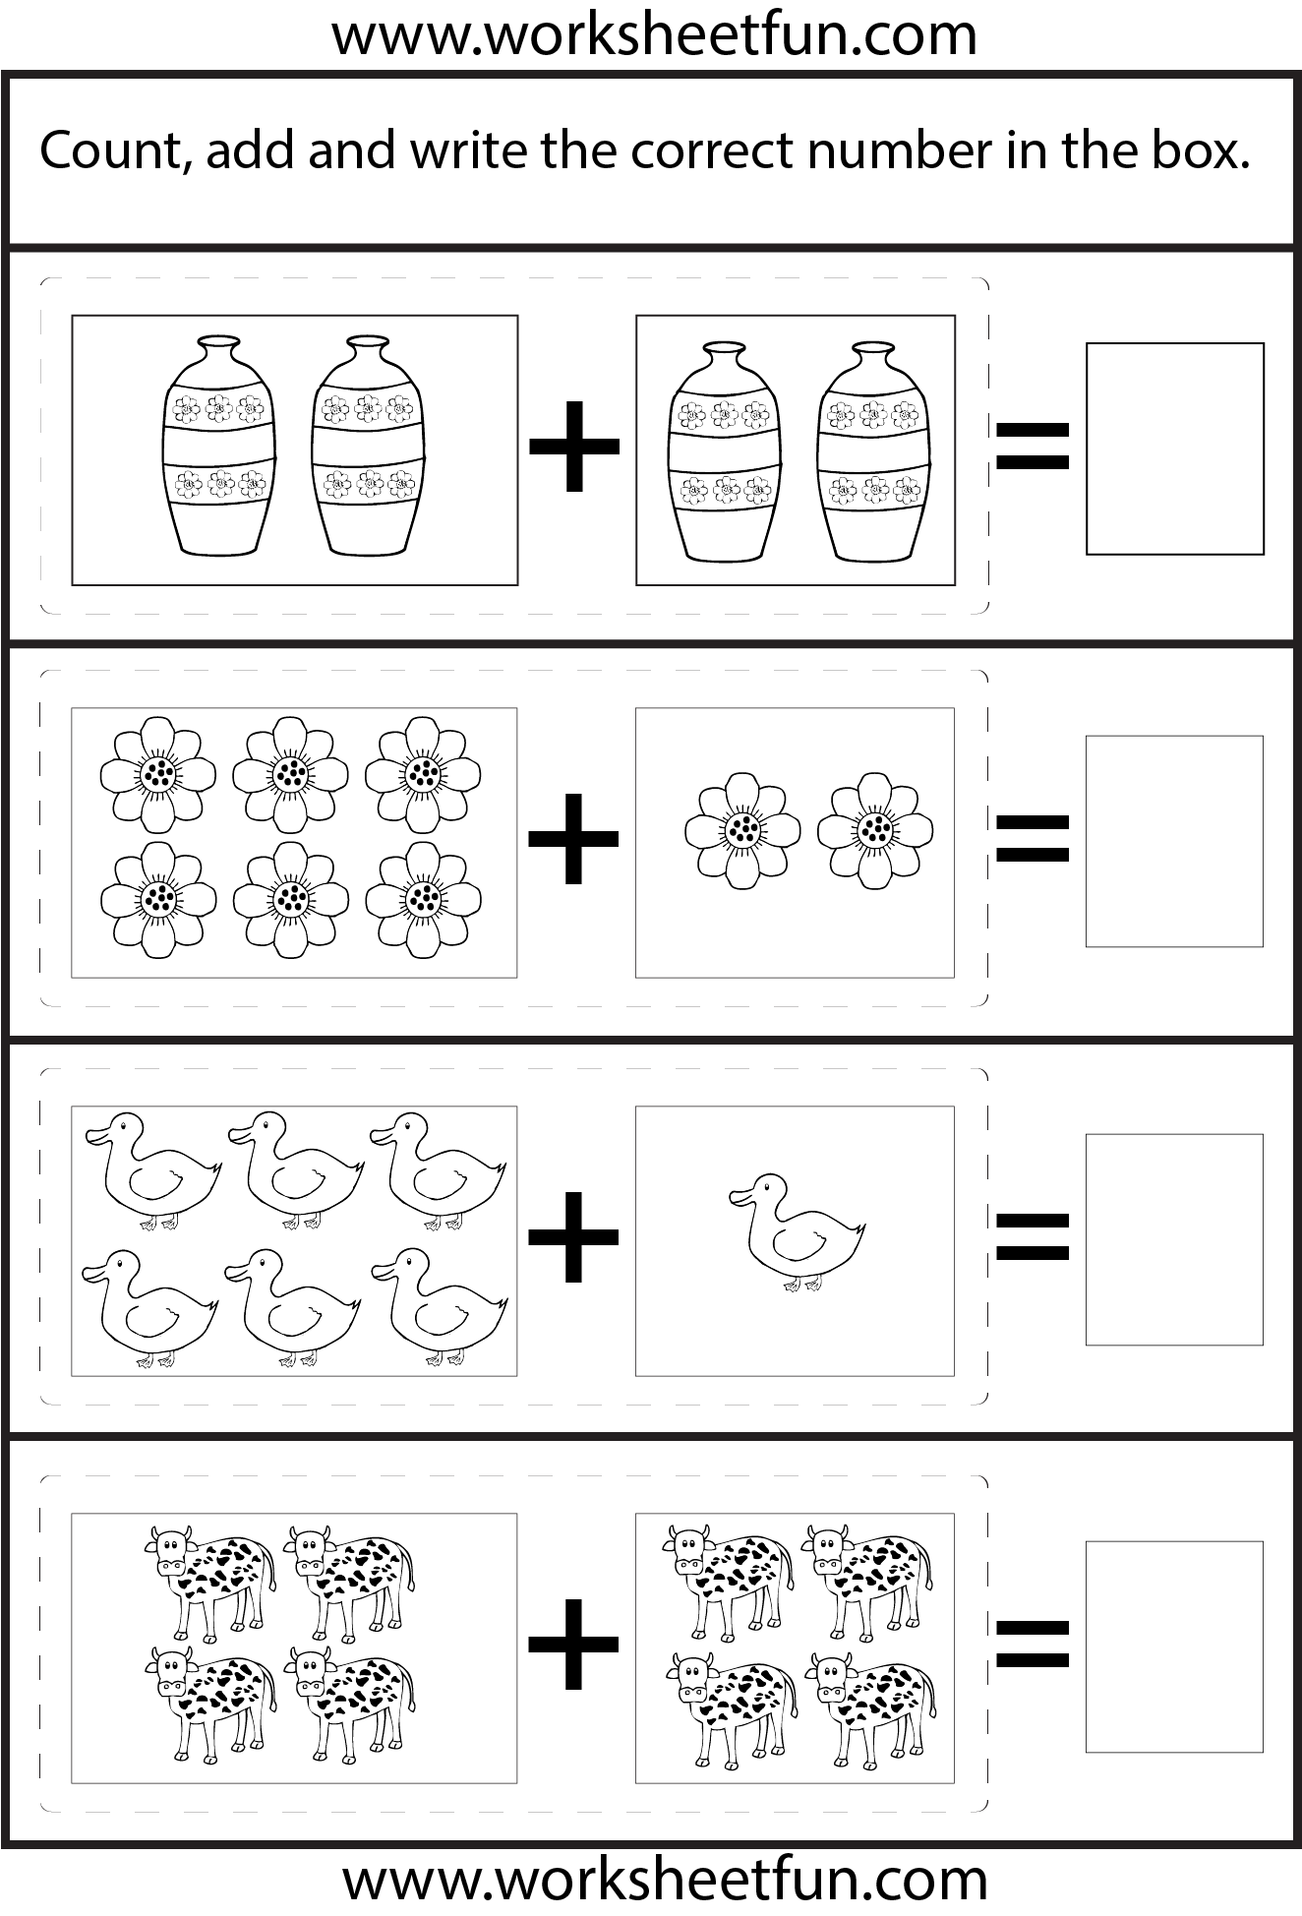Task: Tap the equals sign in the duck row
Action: point(1033,1236)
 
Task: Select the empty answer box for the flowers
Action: point(1174,841)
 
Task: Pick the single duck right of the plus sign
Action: point(797,1231)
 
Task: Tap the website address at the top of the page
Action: point(654,35)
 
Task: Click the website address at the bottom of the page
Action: point(665,1880)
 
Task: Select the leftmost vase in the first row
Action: point(218,445)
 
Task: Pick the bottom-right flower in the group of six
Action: point(424,899)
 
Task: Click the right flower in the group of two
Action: point(875,830)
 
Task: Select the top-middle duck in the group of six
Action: point(296,1170)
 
